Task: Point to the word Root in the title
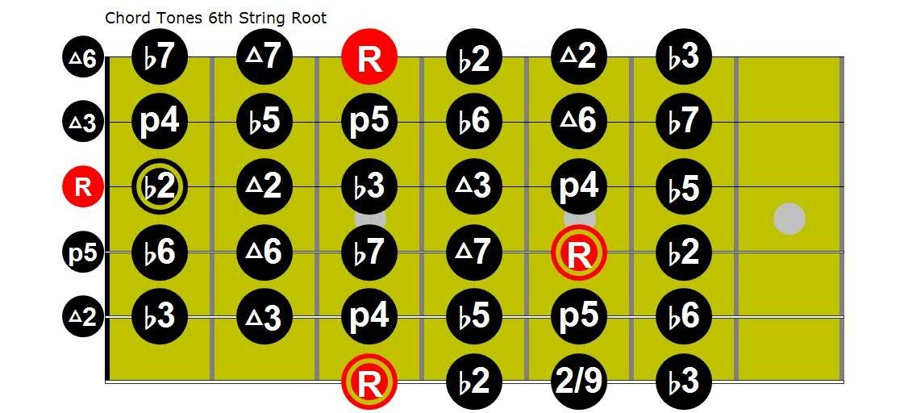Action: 310,18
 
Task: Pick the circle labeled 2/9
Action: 579,381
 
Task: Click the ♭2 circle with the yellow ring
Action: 160,187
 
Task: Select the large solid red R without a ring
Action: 369,58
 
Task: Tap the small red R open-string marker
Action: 82,187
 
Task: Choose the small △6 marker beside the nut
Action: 82,58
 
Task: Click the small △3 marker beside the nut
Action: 82,123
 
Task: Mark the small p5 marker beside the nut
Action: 82,252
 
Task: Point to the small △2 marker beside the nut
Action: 82,316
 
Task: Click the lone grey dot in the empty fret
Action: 789,219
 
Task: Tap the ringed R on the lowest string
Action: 369,381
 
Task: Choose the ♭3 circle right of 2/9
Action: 684,381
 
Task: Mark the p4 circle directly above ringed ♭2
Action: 160,123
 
